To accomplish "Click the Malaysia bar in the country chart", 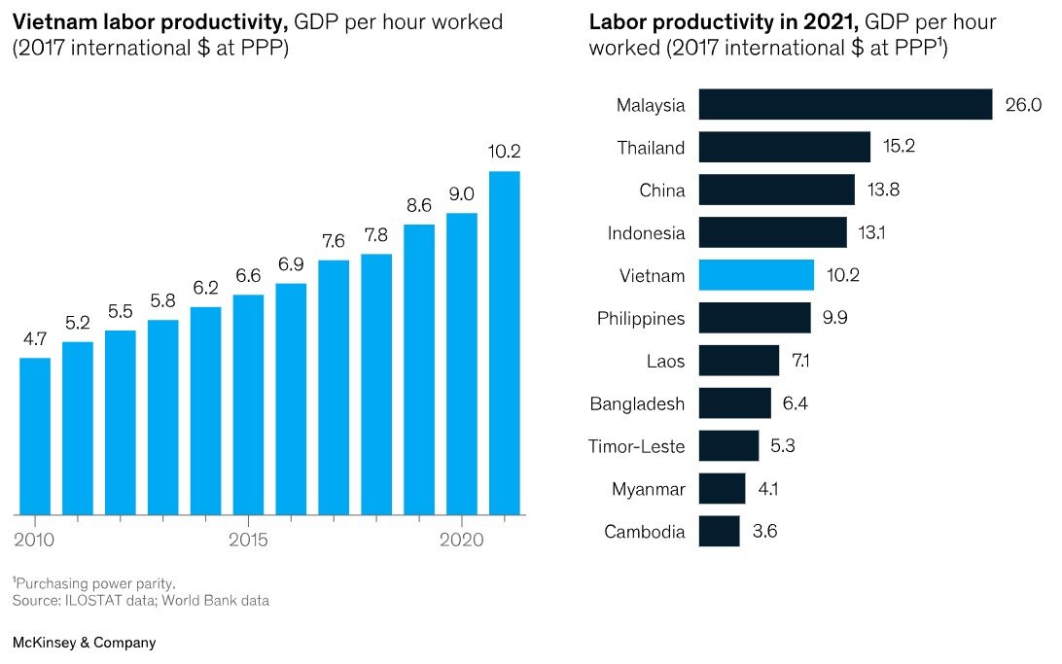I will point(844,105).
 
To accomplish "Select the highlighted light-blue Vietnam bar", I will point(756,275).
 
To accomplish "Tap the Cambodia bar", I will point(719,532).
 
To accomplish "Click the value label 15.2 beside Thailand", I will point(898,148).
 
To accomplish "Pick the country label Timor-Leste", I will point(636,447).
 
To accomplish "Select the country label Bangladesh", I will point(637,404).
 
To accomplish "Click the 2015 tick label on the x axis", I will point(248,541).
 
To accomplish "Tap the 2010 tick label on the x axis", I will point(34,541).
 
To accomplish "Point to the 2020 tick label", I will point(462,541).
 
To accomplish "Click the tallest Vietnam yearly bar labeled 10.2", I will point(504,342).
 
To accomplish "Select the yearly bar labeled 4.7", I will point(35,436).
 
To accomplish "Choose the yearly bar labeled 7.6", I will point(334,387).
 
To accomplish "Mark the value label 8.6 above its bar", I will point(418,206).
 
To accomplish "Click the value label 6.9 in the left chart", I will point(291,264).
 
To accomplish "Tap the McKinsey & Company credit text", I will point(84,643).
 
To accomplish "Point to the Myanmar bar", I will point(722,489).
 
